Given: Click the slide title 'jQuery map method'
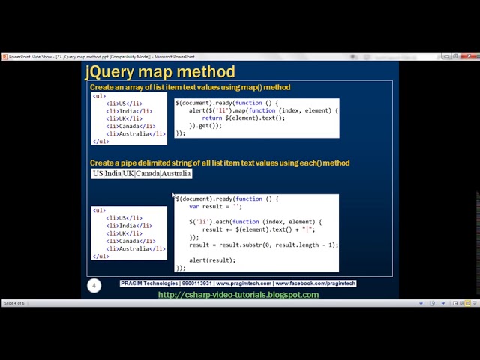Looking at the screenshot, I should pos(160,72).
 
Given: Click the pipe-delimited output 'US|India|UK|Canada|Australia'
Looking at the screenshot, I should pos(142,174).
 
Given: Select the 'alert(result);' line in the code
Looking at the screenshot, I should pos(212,260).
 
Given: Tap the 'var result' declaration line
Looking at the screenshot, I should pos(215,206).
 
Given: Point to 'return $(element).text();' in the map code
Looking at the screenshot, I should pos(244,118).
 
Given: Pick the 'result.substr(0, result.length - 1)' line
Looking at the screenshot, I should pos(263,244).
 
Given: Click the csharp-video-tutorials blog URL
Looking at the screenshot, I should pos(238,295).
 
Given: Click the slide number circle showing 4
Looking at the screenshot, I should pos(94,286).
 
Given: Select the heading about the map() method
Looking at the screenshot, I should pos(190,88).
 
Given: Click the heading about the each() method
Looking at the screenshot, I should pos(220,163).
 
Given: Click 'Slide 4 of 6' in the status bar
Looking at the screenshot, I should pos(14,303).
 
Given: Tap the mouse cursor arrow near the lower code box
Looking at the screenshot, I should pos(173,196).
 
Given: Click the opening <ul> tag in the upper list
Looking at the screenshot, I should pos(99,96).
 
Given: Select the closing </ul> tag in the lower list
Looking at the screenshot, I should pos(100,256).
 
